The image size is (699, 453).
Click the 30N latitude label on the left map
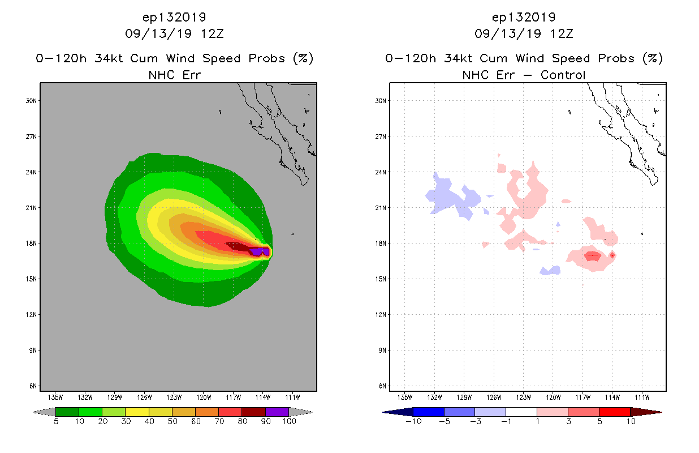click(32, 101)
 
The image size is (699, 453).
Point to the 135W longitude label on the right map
click(405, 397)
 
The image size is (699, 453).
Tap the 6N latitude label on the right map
click(381, 386)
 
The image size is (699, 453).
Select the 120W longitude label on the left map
click(204, 397)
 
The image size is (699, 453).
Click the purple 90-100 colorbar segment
click(277, 412)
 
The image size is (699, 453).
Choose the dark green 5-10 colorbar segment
click(67, 412)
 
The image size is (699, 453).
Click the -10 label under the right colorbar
click(413, 422)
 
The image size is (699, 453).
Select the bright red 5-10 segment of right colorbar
click(614, 412)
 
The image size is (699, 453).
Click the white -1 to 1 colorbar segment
click(521, 412)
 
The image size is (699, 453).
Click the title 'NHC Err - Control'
click(524, 75)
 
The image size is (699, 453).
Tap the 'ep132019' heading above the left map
click(174, 17)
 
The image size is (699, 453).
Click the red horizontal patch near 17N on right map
click(592, 256)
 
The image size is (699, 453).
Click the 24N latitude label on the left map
click(32, 172)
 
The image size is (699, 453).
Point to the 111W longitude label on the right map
click(641, 397)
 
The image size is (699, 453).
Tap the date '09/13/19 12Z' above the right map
click(524, 33)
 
